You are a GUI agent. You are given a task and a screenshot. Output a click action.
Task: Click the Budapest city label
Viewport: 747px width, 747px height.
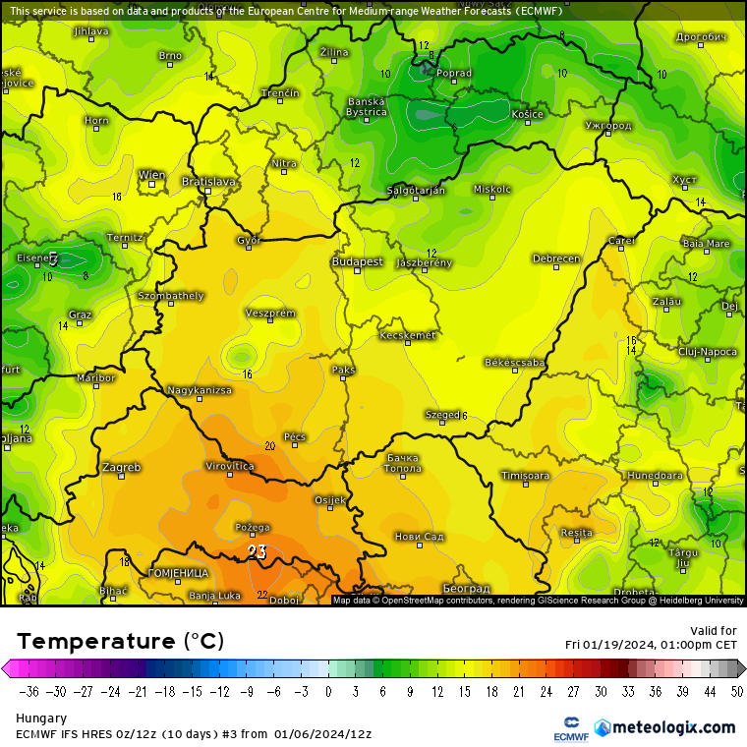click(x=357, y=261)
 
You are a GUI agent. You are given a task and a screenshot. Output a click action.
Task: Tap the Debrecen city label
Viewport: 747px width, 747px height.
click(x=556, y=259)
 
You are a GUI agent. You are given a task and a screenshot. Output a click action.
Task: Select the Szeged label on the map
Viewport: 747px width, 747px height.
click(x=442, y=415)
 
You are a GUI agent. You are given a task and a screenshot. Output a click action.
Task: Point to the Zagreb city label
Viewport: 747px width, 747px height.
click(x=121, y=467)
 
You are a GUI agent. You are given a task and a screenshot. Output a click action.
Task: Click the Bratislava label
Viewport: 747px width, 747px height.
click(x=208, y=182)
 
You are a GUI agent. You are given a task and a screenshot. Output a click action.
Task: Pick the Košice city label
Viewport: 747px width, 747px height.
click(x=528, y=114)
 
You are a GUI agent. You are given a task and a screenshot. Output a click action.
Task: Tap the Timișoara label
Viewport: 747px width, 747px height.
click(x=525, y=476)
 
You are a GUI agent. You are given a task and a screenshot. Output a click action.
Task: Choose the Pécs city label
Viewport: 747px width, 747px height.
click(x=294, y=436)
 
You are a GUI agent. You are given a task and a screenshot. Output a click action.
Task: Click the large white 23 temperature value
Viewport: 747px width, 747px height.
click(x=257, y=552)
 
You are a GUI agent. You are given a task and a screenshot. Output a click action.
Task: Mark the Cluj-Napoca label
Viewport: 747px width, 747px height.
click(x=708, y=351)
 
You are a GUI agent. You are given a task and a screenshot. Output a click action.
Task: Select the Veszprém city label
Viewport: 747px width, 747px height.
click(x=269, y=313)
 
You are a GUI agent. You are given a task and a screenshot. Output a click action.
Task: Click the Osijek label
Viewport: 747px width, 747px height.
click(x=329, y=500)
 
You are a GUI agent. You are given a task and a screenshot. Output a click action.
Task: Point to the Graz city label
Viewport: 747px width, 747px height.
click(x=80, y=315)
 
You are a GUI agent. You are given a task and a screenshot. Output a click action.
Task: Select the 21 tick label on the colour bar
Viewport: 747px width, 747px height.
click(x=518, y=691)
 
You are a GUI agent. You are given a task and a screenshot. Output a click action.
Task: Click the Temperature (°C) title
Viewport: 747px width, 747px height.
click(x=121, y=641)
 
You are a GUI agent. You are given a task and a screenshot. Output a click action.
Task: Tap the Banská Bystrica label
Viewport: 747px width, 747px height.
click(x=367, y=106)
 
